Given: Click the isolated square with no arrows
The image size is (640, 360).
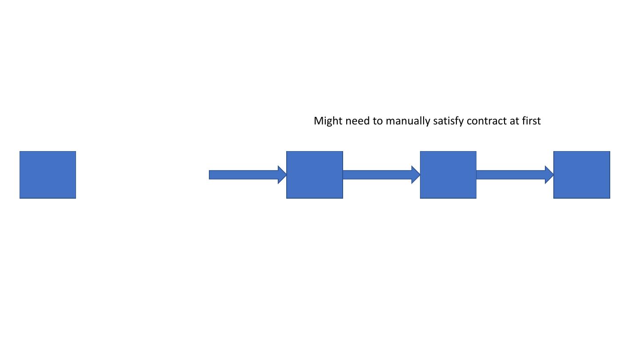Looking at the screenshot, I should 48,175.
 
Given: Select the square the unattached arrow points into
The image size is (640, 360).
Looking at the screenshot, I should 315,175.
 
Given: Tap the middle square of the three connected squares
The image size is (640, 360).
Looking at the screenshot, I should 448,175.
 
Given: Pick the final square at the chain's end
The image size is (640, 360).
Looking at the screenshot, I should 581,175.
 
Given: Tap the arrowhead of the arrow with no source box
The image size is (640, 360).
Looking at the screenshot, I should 282,175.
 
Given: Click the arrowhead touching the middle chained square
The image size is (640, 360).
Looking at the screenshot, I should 416,175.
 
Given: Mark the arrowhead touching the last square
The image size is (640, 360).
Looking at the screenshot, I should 549,175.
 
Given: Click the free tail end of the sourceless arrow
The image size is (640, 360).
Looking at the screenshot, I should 211,175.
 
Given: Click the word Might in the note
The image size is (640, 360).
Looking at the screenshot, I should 328,121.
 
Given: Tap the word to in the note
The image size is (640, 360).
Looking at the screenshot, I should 378,121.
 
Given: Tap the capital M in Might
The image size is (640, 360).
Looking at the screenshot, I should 318,121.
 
